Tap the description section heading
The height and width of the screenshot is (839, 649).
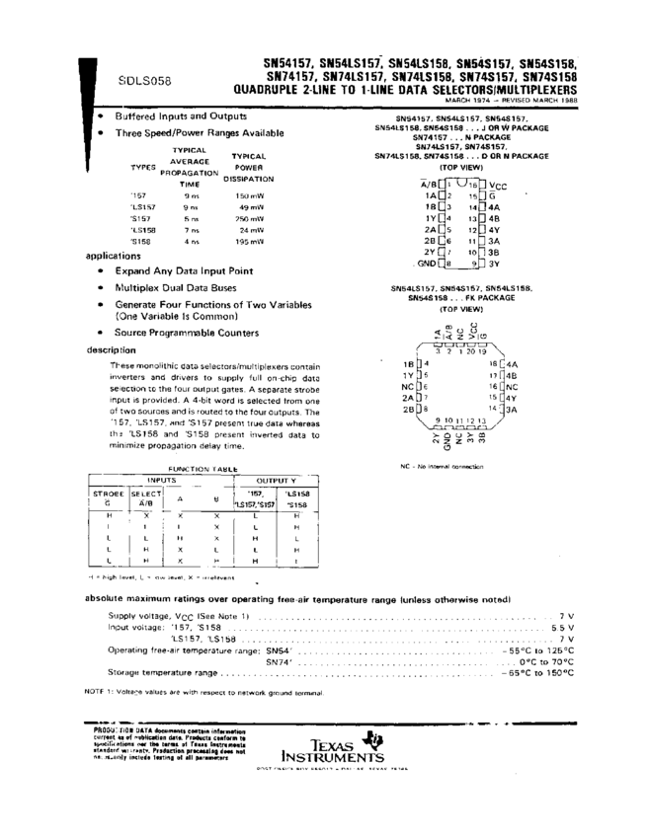[110, 349]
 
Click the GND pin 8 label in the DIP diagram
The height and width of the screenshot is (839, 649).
[426, 264]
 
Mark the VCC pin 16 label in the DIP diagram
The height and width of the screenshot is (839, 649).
[499, 185]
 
